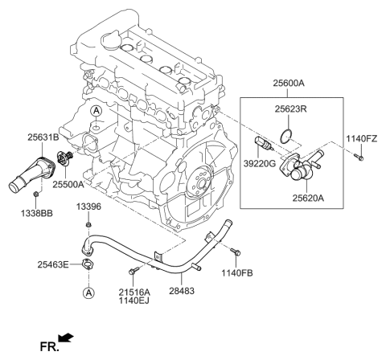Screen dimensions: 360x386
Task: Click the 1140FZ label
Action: (x=363, y=138)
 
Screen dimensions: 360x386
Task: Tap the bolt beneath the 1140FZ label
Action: (x=359, y=158)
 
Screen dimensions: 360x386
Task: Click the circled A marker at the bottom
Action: (x=88, y=293)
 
